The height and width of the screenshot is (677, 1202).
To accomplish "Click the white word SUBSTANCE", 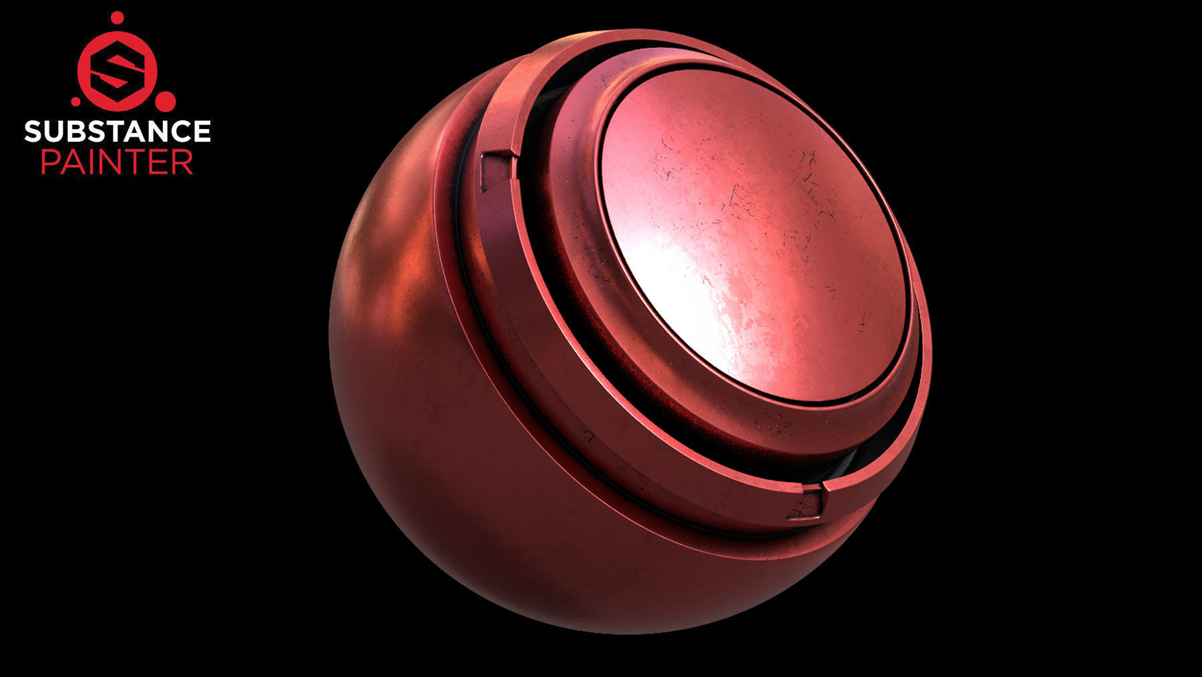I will click(x=118, y=131).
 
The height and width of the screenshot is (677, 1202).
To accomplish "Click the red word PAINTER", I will click(x=118, y=162).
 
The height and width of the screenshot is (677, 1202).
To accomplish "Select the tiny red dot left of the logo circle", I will click(x=75, y=102).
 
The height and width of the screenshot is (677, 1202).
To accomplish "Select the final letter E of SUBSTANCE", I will click(x=202, y=131).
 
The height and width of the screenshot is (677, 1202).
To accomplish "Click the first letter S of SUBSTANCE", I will click(x=33, y=131).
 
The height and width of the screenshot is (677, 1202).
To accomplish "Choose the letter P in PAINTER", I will click(x=50, y=162).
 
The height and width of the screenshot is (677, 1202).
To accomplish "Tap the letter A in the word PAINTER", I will click(x=72, y=162).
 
